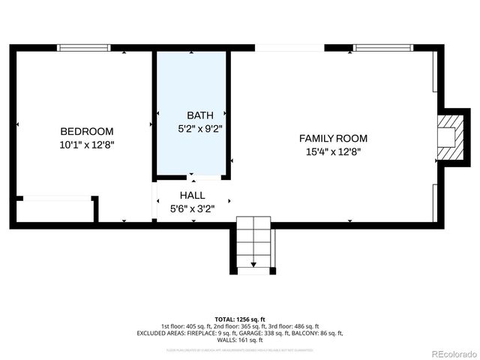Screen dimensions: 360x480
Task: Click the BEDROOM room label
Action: (87, 130)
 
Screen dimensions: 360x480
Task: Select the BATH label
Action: (199, 115)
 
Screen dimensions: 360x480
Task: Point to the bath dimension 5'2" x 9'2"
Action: (199, 128)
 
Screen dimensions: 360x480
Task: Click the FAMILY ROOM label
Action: (333, 138)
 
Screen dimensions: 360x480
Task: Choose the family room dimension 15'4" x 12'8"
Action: (333, 151)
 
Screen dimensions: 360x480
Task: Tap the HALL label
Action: (192, 195)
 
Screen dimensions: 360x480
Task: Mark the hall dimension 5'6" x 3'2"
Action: (192, 209)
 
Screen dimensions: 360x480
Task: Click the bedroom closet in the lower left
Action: (55, 210)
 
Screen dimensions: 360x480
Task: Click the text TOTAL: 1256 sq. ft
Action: (239, 319)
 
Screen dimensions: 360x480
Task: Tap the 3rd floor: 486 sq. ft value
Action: (295, 326)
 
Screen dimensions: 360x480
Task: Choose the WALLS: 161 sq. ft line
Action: (239, 340)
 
